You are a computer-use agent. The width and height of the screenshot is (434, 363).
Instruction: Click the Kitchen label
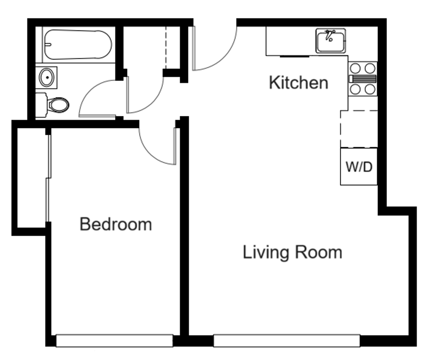click(298, 83)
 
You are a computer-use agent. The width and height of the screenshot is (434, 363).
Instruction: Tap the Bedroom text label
click(115, 224)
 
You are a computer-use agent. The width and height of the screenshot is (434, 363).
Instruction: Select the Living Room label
click(292, 252)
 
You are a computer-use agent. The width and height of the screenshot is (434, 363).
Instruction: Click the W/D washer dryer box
click(359, 166)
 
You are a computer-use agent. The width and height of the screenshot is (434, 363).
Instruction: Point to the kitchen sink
click(331, 41)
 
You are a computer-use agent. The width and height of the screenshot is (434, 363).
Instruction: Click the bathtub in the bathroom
click(78, 44)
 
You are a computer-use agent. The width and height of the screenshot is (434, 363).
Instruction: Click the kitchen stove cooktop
click(363, 79)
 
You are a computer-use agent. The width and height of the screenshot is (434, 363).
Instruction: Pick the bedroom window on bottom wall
click(114, 340)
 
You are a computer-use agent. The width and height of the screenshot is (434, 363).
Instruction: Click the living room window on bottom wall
click(286, 340)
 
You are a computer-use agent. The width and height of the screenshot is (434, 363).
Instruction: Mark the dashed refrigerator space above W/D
click(359, 129)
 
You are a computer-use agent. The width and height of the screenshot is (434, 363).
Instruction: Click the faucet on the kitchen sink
click(330, 35)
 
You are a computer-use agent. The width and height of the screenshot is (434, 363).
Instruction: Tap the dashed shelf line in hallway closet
click(166, 47)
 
